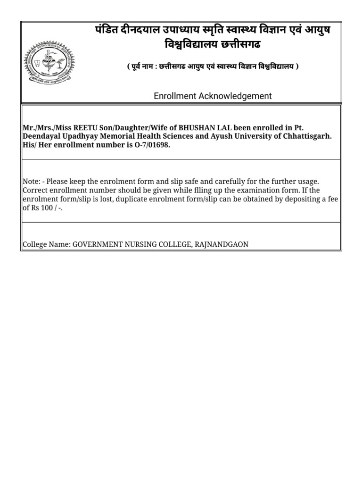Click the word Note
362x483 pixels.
click(31, 182)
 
